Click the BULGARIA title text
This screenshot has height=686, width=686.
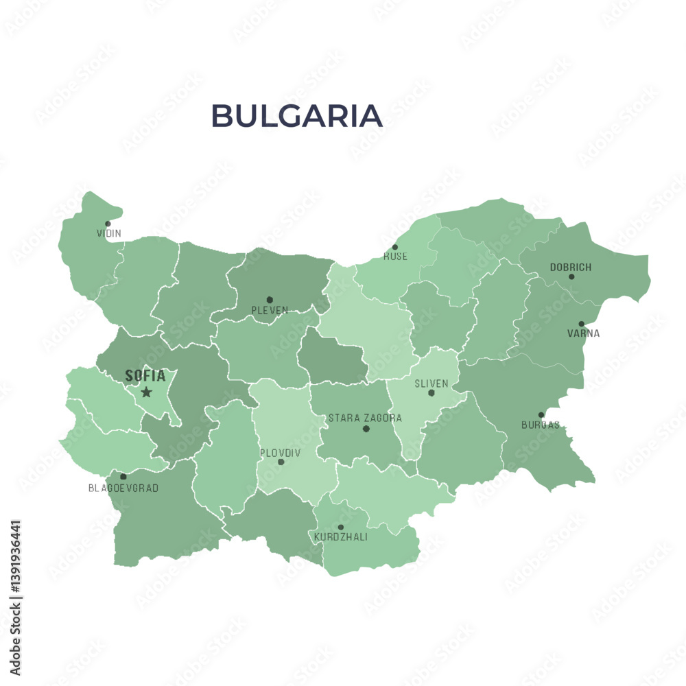[x=296, y=116]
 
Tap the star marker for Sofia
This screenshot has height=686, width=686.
[x=146, y=392]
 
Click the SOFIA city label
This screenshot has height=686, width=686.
[x=145, y=376]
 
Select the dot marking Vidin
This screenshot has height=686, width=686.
[x=108, y=224]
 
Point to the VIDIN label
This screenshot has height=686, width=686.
[x=109, y=233]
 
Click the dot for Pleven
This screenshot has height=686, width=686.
[x=270, y=300]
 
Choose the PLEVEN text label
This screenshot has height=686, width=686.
[x=270, y=311]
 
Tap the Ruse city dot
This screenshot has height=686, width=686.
[x=394, y=247]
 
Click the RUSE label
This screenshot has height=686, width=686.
[x=395, y=257]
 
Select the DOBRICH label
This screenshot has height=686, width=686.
[x=571, y=268]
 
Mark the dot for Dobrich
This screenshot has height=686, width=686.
[x=571, y=277]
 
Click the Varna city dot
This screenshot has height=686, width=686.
[x=581, y=324]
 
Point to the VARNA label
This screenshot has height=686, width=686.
[x=583, y=334]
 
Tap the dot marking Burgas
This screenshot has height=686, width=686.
[x=541, y=414]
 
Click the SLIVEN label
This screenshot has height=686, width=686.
[x=431, y=383]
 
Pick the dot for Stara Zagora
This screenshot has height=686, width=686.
[x=366, y=429]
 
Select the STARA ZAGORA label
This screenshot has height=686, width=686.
[x=365, y=418]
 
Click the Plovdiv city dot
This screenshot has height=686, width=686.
[x=281, y=462]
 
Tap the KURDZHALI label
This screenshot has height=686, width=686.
[x=340, y=537]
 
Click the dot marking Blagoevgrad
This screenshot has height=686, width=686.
[x=123, y=476]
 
